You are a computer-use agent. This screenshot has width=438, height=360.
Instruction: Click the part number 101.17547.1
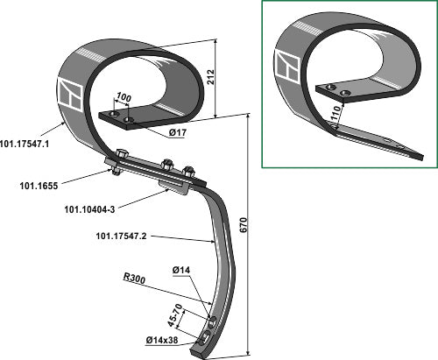[25, 145]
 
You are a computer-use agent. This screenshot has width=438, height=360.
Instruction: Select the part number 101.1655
[39, 186]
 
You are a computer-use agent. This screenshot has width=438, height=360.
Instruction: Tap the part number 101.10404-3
[89, 209]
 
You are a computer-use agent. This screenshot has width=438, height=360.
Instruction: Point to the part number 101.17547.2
[121, 236]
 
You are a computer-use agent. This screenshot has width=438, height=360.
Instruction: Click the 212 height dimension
[210, 77]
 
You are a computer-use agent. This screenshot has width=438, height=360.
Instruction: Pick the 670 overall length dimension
[244, 225]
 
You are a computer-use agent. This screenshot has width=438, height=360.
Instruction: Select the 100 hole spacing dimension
[124, 97]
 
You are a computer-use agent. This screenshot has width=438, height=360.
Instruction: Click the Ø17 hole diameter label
[177, 133]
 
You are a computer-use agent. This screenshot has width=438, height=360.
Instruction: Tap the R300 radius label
[134, 279]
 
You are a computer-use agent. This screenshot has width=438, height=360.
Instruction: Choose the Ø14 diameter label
[181, 270]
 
